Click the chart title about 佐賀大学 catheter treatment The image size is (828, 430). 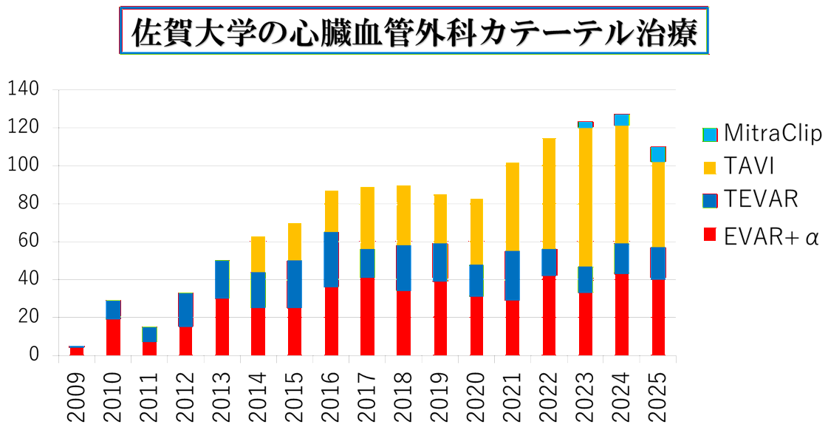point(414,31)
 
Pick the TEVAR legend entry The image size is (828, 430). point(750,199)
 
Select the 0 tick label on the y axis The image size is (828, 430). point(32,355)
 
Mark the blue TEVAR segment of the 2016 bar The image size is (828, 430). point(331,259)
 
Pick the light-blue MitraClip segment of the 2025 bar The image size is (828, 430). point(657,154)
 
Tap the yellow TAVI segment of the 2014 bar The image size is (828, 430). point(259,253)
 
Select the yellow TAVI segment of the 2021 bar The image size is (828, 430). point(512,206)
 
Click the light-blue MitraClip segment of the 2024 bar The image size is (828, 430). point(621,120)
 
